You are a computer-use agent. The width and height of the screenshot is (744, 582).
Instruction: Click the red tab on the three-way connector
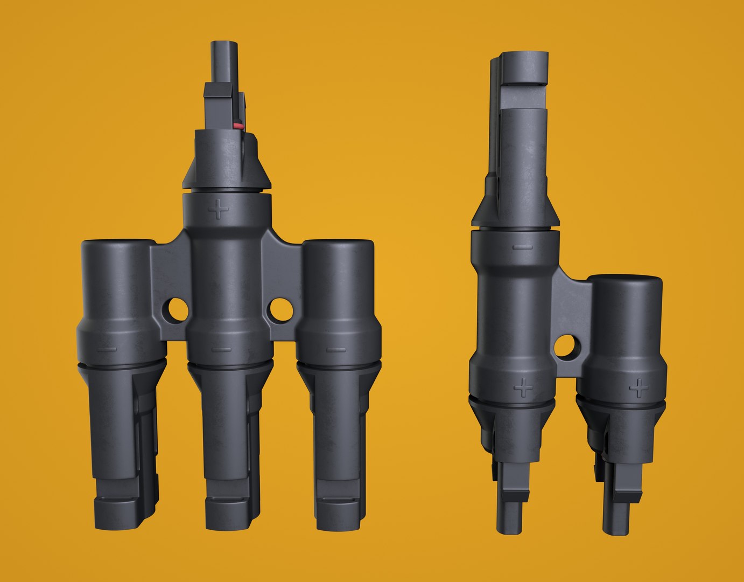(237, 126)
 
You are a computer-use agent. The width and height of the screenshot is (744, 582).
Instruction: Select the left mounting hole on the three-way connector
(177, 309)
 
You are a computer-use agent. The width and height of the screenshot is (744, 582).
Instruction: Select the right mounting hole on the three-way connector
(281, 309)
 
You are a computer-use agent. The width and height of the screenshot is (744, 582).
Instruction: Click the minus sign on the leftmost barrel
(108, 349)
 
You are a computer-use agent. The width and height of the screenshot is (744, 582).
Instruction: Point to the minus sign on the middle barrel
(221, 349)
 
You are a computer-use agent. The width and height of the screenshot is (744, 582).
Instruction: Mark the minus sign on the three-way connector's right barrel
(336, 349)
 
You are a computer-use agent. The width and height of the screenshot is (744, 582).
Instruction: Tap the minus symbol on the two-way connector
(522, 247)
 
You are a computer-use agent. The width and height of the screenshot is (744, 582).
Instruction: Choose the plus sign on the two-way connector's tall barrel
(522, 386)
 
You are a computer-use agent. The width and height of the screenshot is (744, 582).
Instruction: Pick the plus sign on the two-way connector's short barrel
(639, 387)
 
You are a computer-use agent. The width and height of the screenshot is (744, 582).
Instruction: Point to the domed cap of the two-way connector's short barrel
(624, 282)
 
